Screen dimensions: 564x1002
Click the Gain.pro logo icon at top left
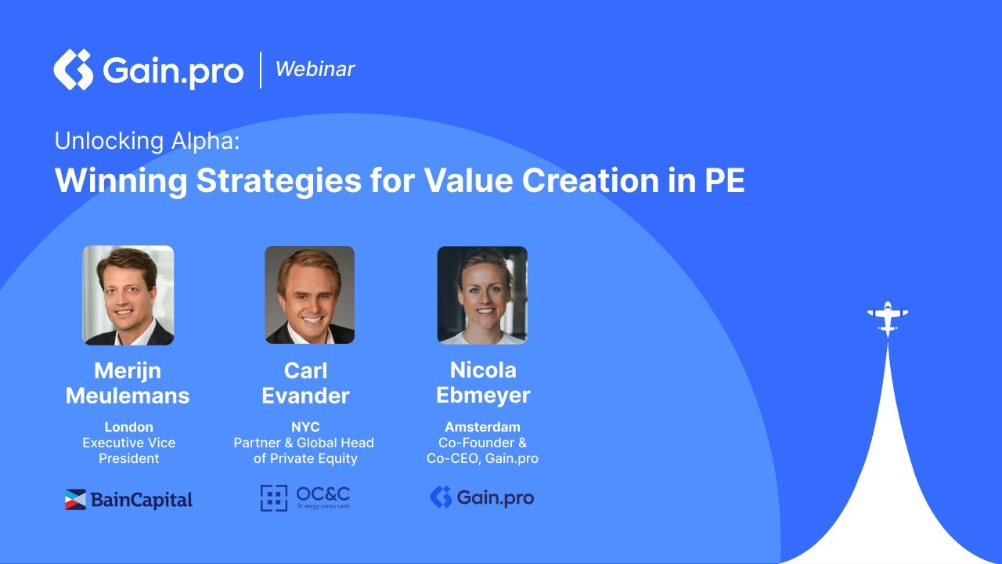click(x=73, y=70)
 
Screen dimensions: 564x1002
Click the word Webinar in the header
click(x=315, y=69)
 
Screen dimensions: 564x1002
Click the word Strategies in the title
click(x=278, y=181)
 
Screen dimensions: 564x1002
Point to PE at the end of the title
click(x=724, y=181)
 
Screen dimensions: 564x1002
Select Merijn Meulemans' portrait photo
click(x=128, y=295)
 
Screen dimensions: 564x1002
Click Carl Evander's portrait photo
click(x=309, y=295)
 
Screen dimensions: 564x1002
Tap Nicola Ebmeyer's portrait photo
click(x=482, y=295)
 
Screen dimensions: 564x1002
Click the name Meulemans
click(x=128, y=396)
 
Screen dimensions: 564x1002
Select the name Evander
click(x=305, y=396)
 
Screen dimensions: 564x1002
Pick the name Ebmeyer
click(x=483, y=396)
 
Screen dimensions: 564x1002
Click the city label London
click(x=128, y=428)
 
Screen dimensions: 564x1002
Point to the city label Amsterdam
click(x=482, y=428)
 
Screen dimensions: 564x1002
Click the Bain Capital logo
click(x=128, y=499)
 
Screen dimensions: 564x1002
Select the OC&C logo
click(x=305, y=497)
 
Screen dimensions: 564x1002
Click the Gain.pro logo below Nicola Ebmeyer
click(x=482, y=497)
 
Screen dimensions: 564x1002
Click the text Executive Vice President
click(x=128, y=450)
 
